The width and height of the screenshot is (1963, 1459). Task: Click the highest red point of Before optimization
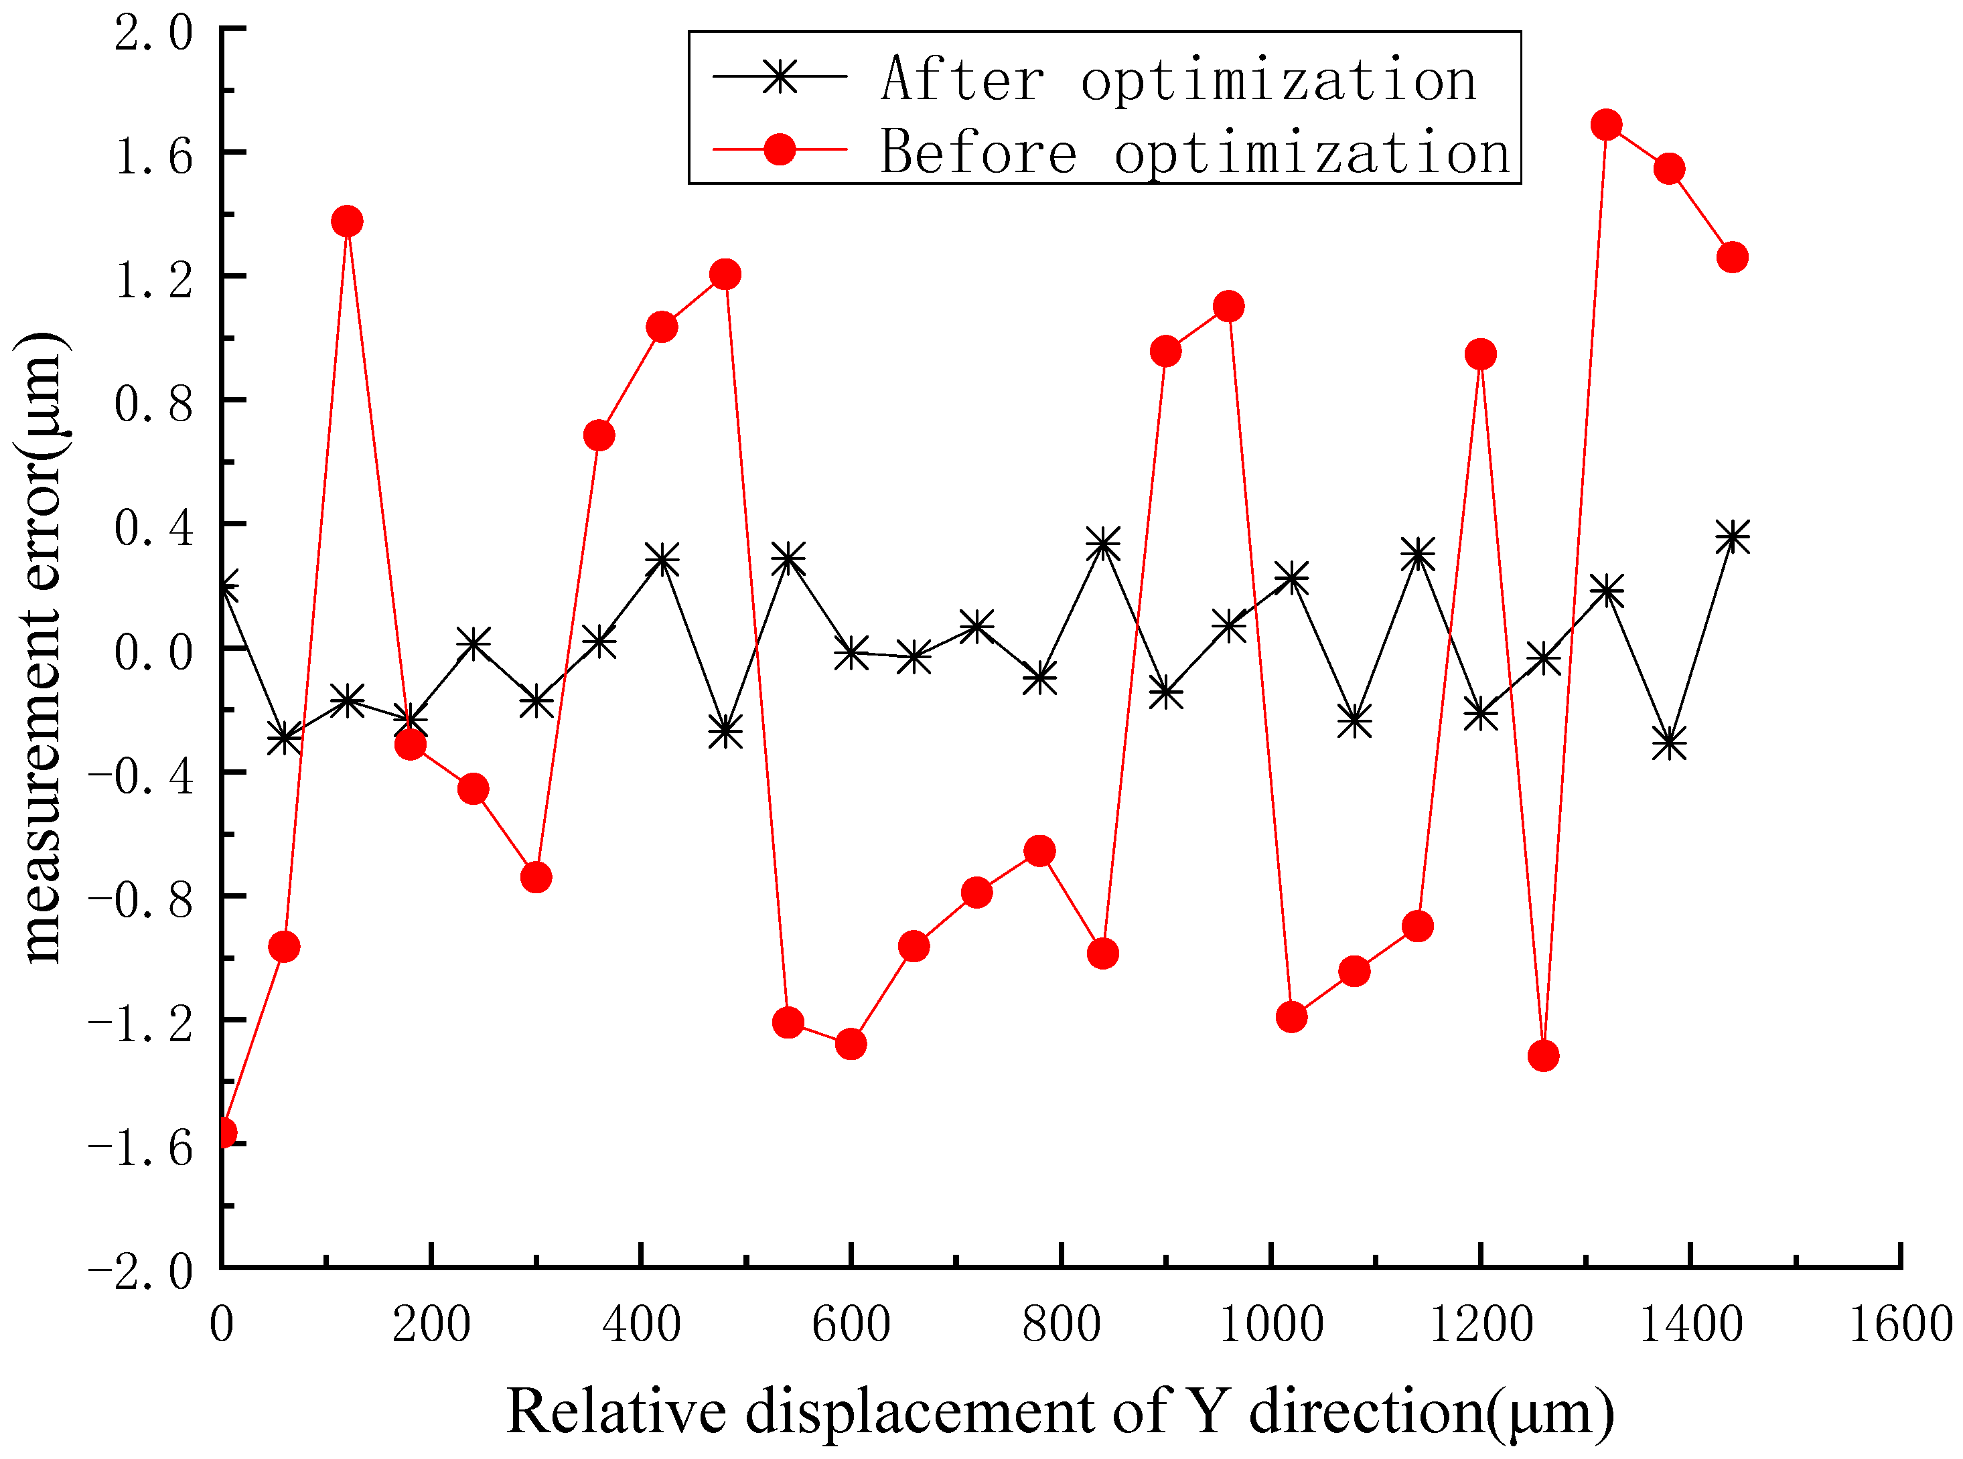[x=1605, y=125]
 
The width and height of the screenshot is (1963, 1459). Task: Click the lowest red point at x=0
[x=224, y=1133]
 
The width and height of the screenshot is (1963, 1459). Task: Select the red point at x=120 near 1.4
[x=347, y=221]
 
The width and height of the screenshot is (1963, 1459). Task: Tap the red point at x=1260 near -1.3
[x=1542, y=1055]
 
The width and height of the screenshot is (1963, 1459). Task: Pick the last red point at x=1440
[x=1731, y=257]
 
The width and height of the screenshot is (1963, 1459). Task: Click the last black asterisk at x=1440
[x=1731, y=537]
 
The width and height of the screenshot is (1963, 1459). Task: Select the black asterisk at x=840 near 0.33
[x=1102, y=545]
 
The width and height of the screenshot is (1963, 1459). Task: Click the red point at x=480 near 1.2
[x=725, y=274]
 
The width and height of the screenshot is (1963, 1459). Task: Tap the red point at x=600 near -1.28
[x=850, y=1044]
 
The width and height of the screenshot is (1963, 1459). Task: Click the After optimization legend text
[x=1177, y=80]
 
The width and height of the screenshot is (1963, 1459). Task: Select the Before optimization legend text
[x=1194, y=152]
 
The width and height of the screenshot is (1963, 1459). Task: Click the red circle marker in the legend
[x=779, y=149]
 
